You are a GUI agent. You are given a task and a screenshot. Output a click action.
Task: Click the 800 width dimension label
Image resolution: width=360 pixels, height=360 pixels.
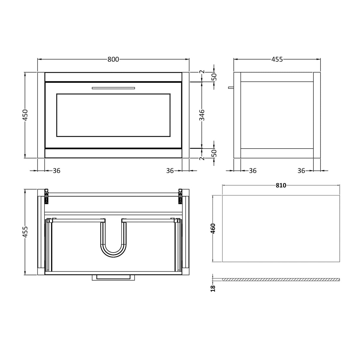[113, 59]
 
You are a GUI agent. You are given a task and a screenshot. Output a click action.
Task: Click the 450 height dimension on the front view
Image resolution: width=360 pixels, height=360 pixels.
[25, 115]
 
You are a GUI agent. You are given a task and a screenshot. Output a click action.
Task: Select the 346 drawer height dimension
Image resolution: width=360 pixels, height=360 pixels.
[202, 115]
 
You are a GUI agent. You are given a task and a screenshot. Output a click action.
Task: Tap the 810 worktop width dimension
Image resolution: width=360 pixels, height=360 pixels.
[281, 185]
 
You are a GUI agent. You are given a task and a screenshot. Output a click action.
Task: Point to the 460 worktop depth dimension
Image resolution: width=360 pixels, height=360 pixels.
[213, 229]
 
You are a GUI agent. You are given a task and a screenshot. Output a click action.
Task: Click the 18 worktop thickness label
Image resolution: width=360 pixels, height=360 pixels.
[213, 288]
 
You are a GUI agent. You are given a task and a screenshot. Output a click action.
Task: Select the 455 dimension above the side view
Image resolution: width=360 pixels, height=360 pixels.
[277, 59]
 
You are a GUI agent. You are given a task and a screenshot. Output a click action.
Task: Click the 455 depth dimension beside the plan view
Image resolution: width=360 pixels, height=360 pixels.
[25, 232]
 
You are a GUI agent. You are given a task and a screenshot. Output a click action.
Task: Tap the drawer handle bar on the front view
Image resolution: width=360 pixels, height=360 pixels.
[113, 88]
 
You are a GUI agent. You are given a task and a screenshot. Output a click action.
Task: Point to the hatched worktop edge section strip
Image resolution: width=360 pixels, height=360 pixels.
[281, 280]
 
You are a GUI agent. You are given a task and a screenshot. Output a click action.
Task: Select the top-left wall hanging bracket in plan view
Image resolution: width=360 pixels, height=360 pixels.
[46, 196]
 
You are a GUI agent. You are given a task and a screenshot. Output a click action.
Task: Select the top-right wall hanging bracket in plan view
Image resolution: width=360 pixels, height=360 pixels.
[180, 196]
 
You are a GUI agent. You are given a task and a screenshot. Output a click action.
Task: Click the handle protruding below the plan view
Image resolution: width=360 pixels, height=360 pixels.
[113, 277]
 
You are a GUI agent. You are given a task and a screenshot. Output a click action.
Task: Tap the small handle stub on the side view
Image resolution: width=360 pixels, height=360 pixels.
[231, 87]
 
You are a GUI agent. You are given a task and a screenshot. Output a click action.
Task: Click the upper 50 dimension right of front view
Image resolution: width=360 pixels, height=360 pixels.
[215, 77]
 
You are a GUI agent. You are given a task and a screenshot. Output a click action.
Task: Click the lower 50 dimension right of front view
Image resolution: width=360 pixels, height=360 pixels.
[215, 153]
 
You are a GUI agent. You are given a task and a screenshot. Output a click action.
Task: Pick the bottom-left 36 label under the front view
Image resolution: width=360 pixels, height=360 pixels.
[56, 171]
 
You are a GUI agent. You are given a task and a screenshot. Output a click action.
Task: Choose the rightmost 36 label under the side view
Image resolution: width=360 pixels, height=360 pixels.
[301, 171]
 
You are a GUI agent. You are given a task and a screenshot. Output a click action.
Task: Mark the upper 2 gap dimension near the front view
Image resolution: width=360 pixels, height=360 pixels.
[202, 72]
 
